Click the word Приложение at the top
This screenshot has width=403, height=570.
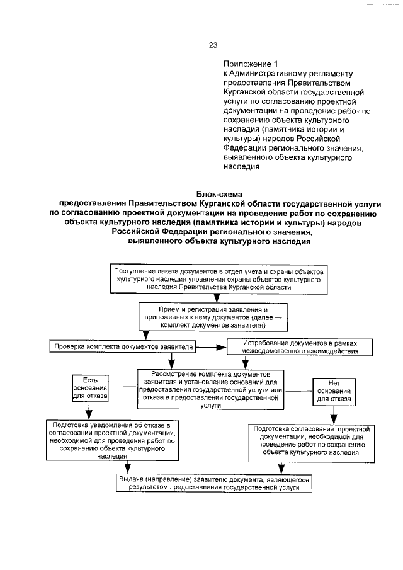coord(246,64)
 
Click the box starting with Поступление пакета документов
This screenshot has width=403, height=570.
coord(220,278)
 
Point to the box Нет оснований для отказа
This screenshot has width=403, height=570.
coord(334,390)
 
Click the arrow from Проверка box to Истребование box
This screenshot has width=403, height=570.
coord(213,346)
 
